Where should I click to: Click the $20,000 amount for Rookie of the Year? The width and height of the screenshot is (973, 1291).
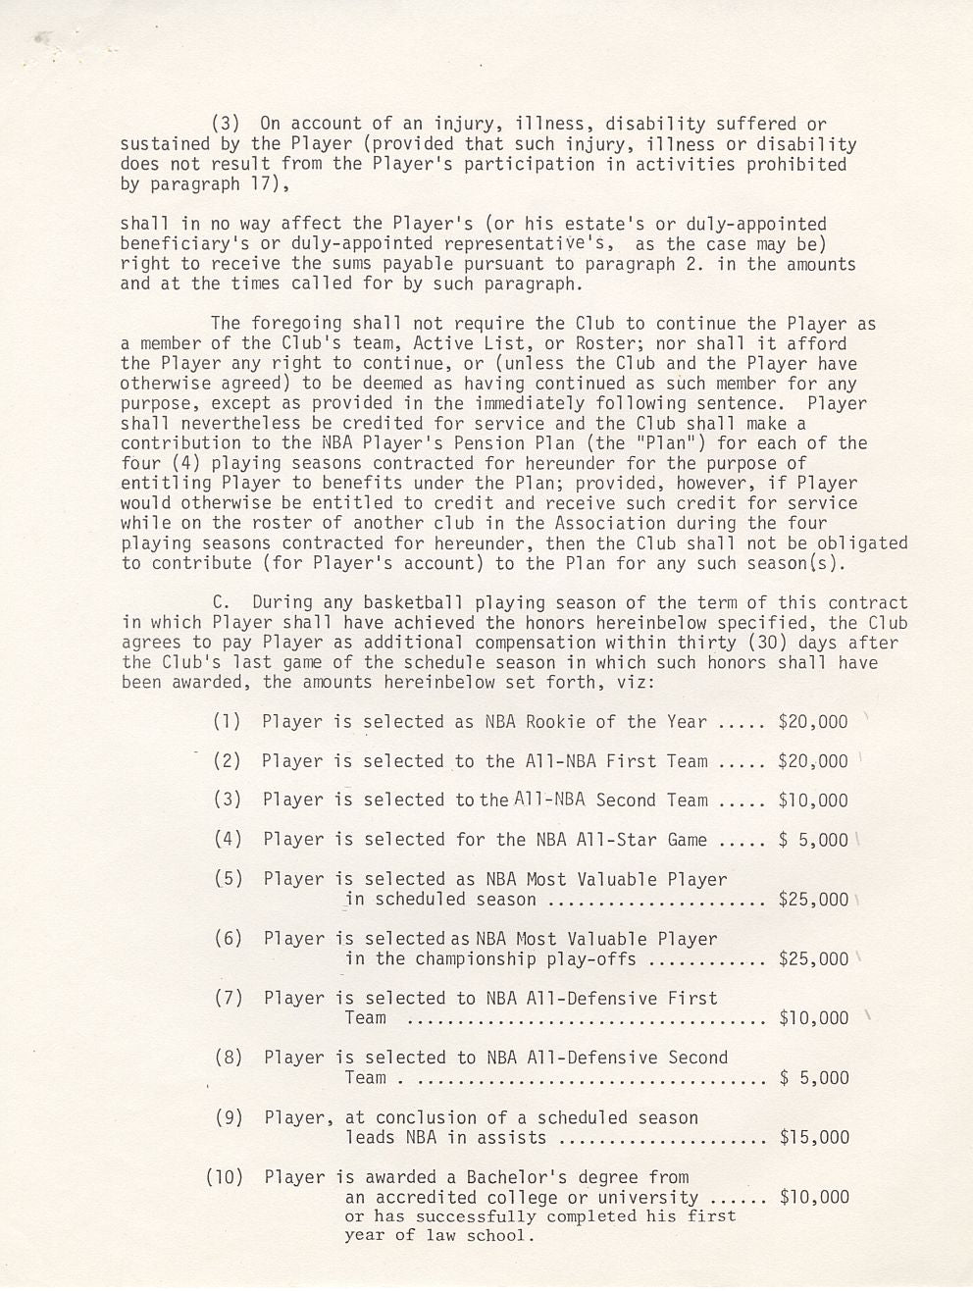pyautogui.click(x=812, y=722)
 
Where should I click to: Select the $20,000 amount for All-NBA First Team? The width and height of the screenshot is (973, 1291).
pyautogui.click(x=812, y=761)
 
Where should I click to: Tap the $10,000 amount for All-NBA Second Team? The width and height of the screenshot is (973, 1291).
pyautogui.click(x=812, y=800)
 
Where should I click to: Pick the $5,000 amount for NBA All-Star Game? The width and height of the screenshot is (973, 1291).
pyautogui.click(x=812, y=840)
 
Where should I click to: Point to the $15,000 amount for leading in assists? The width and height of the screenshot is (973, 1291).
pyautogui.click(x=813, y=1138)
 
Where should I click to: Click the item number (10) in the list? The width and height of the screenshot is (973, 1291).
pyautogui.click(x=224, y=1177)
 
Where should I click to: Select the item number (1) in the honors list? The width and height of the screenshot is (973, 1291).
pyautogui.click(x=227, y=722)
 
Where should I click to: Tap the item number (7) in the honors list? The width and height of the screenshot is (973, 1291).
pyautogui.click(x=228, y=999)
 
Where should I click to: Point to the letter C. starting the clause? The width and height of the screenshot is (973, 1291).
pyautogui.click(x=221, y=603)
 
